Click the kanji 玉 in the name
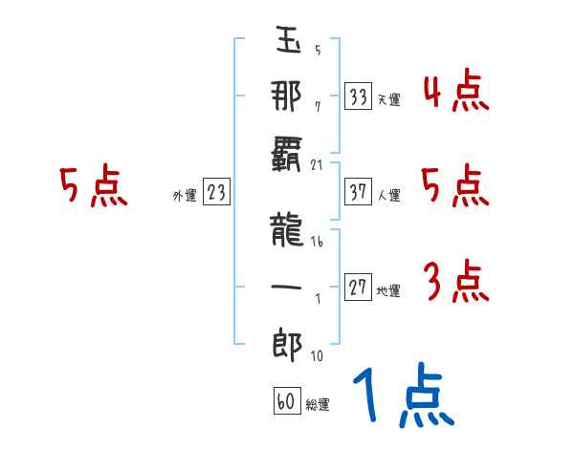(289, 40)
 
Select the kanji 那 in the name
(287, 96)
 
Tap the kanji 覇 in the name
(286, 154)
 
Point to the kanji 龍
(287, 229)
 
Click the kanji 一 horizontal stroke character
(286, 287)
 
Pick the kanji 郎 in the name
(288, 345)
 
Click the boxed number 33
(358, 96)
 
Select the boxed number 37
(358, 191)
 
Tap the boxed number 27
(358, 287)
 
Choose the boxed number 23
(216, 191)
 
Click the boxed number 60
(287, 400)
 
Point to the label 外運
(185, 196)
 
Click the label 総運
(318, 405)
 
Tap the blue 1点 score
(404, 396)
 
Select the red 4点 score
(456, 90)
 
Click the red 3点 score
(456, 281)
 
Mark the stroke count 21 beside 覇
(317, 165)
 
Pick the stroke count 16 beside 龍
(317, 242)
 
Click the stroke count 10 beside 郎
(317, 355)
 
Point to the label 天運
(388, 99)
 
